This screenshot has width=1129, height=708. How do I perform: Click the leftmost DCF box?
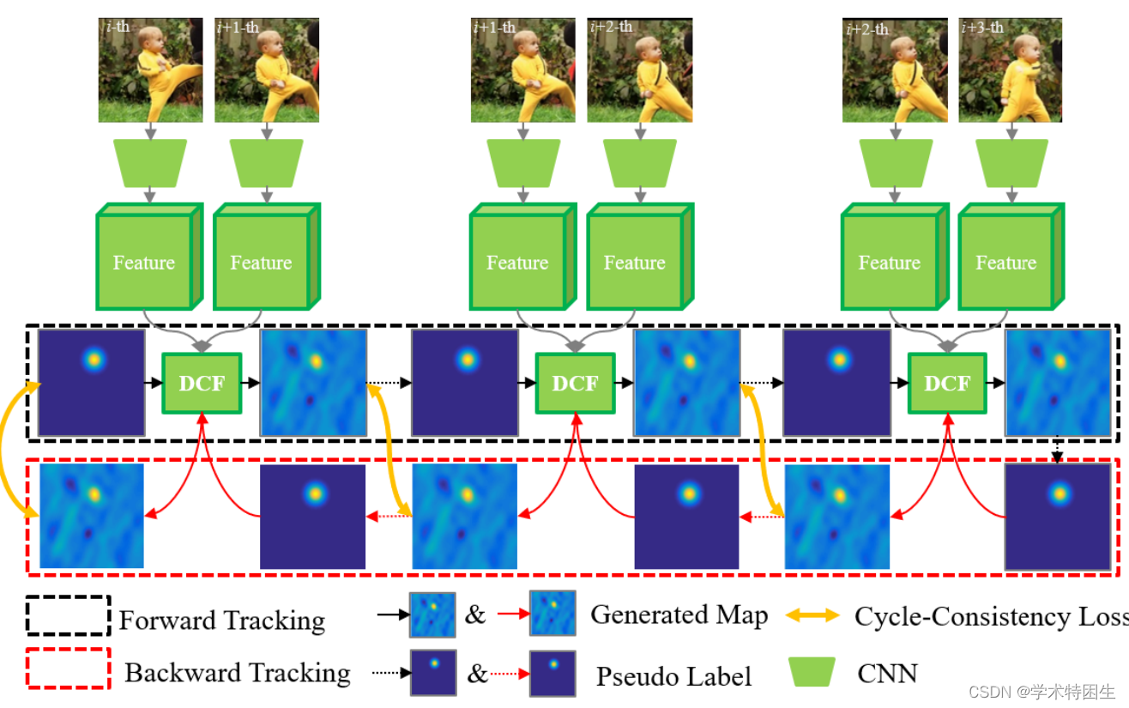(x=202, y=383)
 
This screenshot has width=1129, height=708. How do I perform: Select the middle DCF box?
(x=575, y=383)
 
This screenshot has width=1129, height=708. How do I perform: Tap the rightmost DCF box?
(x=946, y=383)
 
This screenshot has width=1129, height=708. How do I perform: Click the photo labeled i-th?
(x=150, y=70)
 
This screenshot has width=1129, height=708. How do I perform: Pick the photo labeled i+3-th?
(x=1010, y=70)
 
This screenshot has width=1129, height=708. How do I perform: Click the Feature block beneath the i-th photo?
(x=144, y=261)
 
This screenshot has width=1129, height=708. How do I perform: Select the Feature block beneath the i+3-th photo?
(x=1005, y=261)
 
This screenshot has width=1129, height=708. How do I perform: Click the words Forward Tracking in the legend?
(x=221, y=620)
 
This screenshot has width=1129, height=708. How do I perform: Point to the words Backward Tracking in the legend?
(x=237, y=673)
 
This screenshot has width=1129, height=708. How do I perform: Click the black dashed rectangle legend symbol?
(x=68, y=615)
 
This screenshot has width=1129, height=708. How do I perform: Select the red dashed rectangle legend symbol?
(x=68, y=668)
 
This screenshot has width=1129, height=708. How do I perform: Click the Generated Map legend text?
(x=679, y=614)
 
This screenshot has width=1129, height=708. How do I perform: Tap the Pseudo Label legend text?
(x=673, y=676)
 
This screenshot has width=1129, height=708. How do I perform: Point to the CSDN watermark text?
(x=1041, y=692)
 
